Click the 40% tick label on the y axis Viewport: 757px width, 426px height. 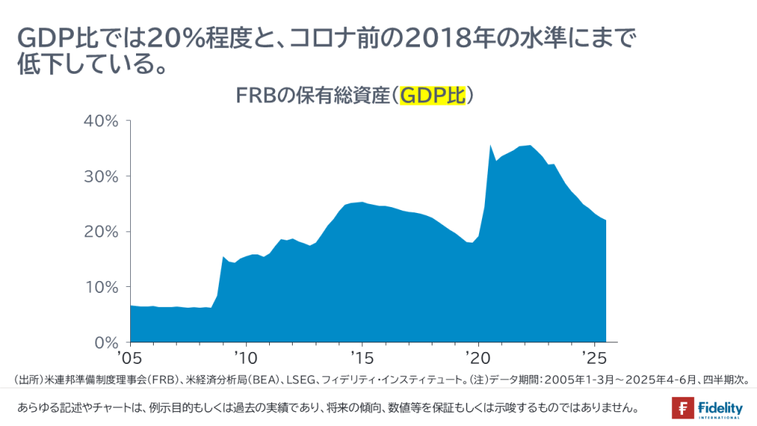pos(101,121)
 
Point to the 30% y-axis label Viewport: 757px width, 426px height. pos(101,176)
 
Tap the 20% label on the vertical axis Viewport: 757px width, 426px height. pos(101,231)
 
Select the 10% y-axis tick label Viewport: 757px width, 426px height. pos(101,287)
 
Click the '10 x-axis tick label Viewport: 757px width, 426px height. pos(246,358)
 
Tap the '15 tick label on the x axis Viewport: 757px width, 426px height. pos(362,358)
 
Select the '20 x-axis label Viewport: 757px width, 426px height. pos(478,358)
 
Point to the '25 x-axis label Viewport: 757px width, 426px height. pos(594,358)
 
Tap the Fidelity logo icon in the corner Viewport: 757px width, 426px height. pos(682,408)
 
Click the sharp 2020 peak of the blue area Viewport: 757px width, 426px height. pos(491,146)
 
